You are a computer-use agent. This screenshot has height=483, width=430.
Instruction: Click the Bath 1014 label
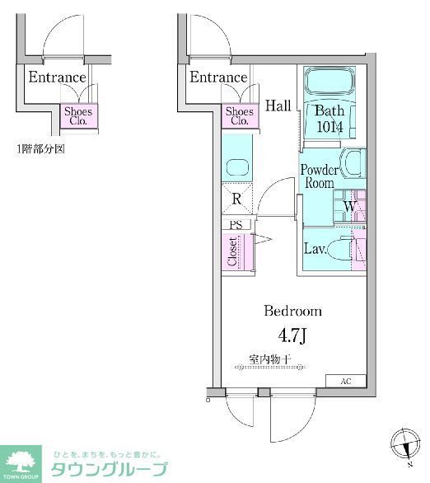330,119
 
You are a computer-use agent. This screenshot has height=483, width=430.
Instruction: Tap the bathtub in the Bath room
330,83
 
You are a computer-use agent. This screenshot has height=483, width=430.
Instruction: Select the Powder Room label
319,176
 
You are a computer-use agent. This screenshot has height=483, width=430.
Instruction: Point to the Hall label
278,106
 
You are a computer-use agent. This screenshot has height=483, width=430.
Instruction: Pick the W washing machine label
349,206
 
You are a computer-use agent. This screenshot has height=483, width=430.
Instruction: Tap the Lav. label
315,248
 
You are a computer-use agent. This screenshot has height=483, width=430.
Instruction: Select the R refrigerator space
236,199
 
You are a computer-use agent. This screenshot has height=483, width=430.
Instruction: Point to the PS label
236,223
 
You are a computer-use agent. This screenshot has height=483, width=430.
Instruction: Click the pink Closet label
233,251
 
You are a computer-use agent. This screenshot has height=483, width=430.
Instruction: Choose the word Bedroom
292,312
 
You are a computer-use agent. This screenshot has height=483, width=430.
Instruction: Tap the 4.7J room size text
292,336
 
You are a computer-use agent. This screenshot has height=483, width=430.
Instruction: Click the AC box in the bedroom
347,381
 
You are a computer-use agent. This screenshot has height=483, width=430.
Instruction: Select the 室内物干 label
273,360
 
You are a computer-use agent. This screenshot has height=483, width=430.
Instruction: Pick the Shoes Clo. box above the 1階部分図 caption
79,115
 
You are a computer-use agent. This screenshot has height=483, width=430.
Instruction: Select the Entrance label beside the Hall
218,77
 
